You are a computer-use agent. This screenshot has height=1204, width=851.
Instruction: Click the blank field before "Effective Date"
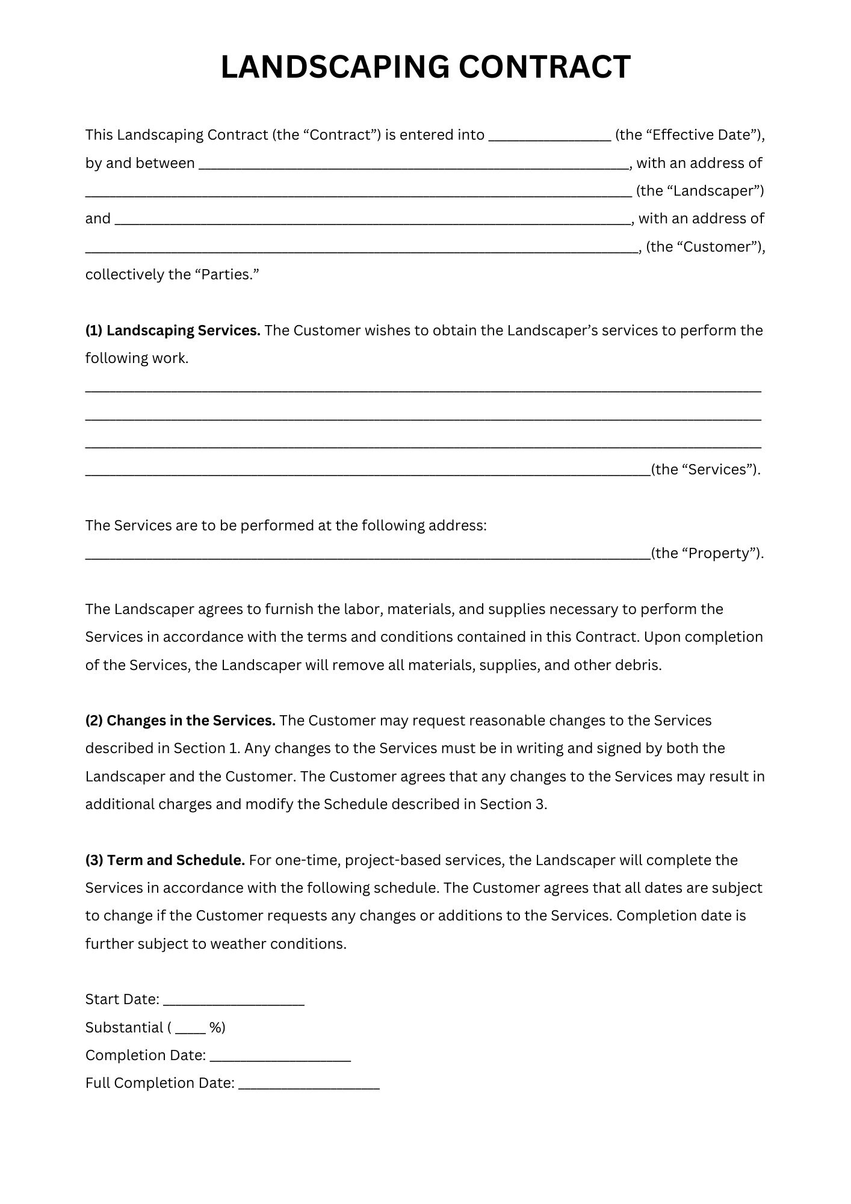(549, 136)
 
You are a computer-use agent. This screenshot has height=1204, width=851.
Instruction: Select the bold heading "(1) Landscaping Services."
(173, 330)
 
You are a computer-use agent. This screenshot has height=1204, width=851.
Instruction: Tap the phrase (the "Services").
(705, 470)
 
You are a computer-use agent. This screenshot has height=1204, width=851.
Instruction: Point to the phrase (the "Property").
(707, 554)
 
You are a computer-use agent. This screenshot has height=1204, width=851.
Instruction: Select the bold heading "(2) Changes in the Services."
(180, 721)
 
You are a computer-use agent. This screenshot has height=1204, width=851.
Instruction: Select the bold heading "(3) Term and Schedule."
(165, 860)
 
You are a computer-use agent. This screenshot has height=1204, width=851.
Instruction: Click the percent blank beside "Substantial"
(191, 1028)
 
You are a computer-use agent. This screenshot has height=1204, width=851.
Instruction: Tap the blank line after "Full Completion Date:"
(309, 1084)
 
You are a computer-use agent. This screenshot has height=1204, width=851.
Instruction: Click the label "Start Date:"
(122, 1000)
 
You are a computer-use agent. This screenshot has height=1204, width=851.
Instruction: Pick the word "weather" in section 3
(238, 944)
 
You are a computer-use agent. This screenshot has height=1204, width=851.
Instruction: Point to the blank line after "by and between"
(413, 164)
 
